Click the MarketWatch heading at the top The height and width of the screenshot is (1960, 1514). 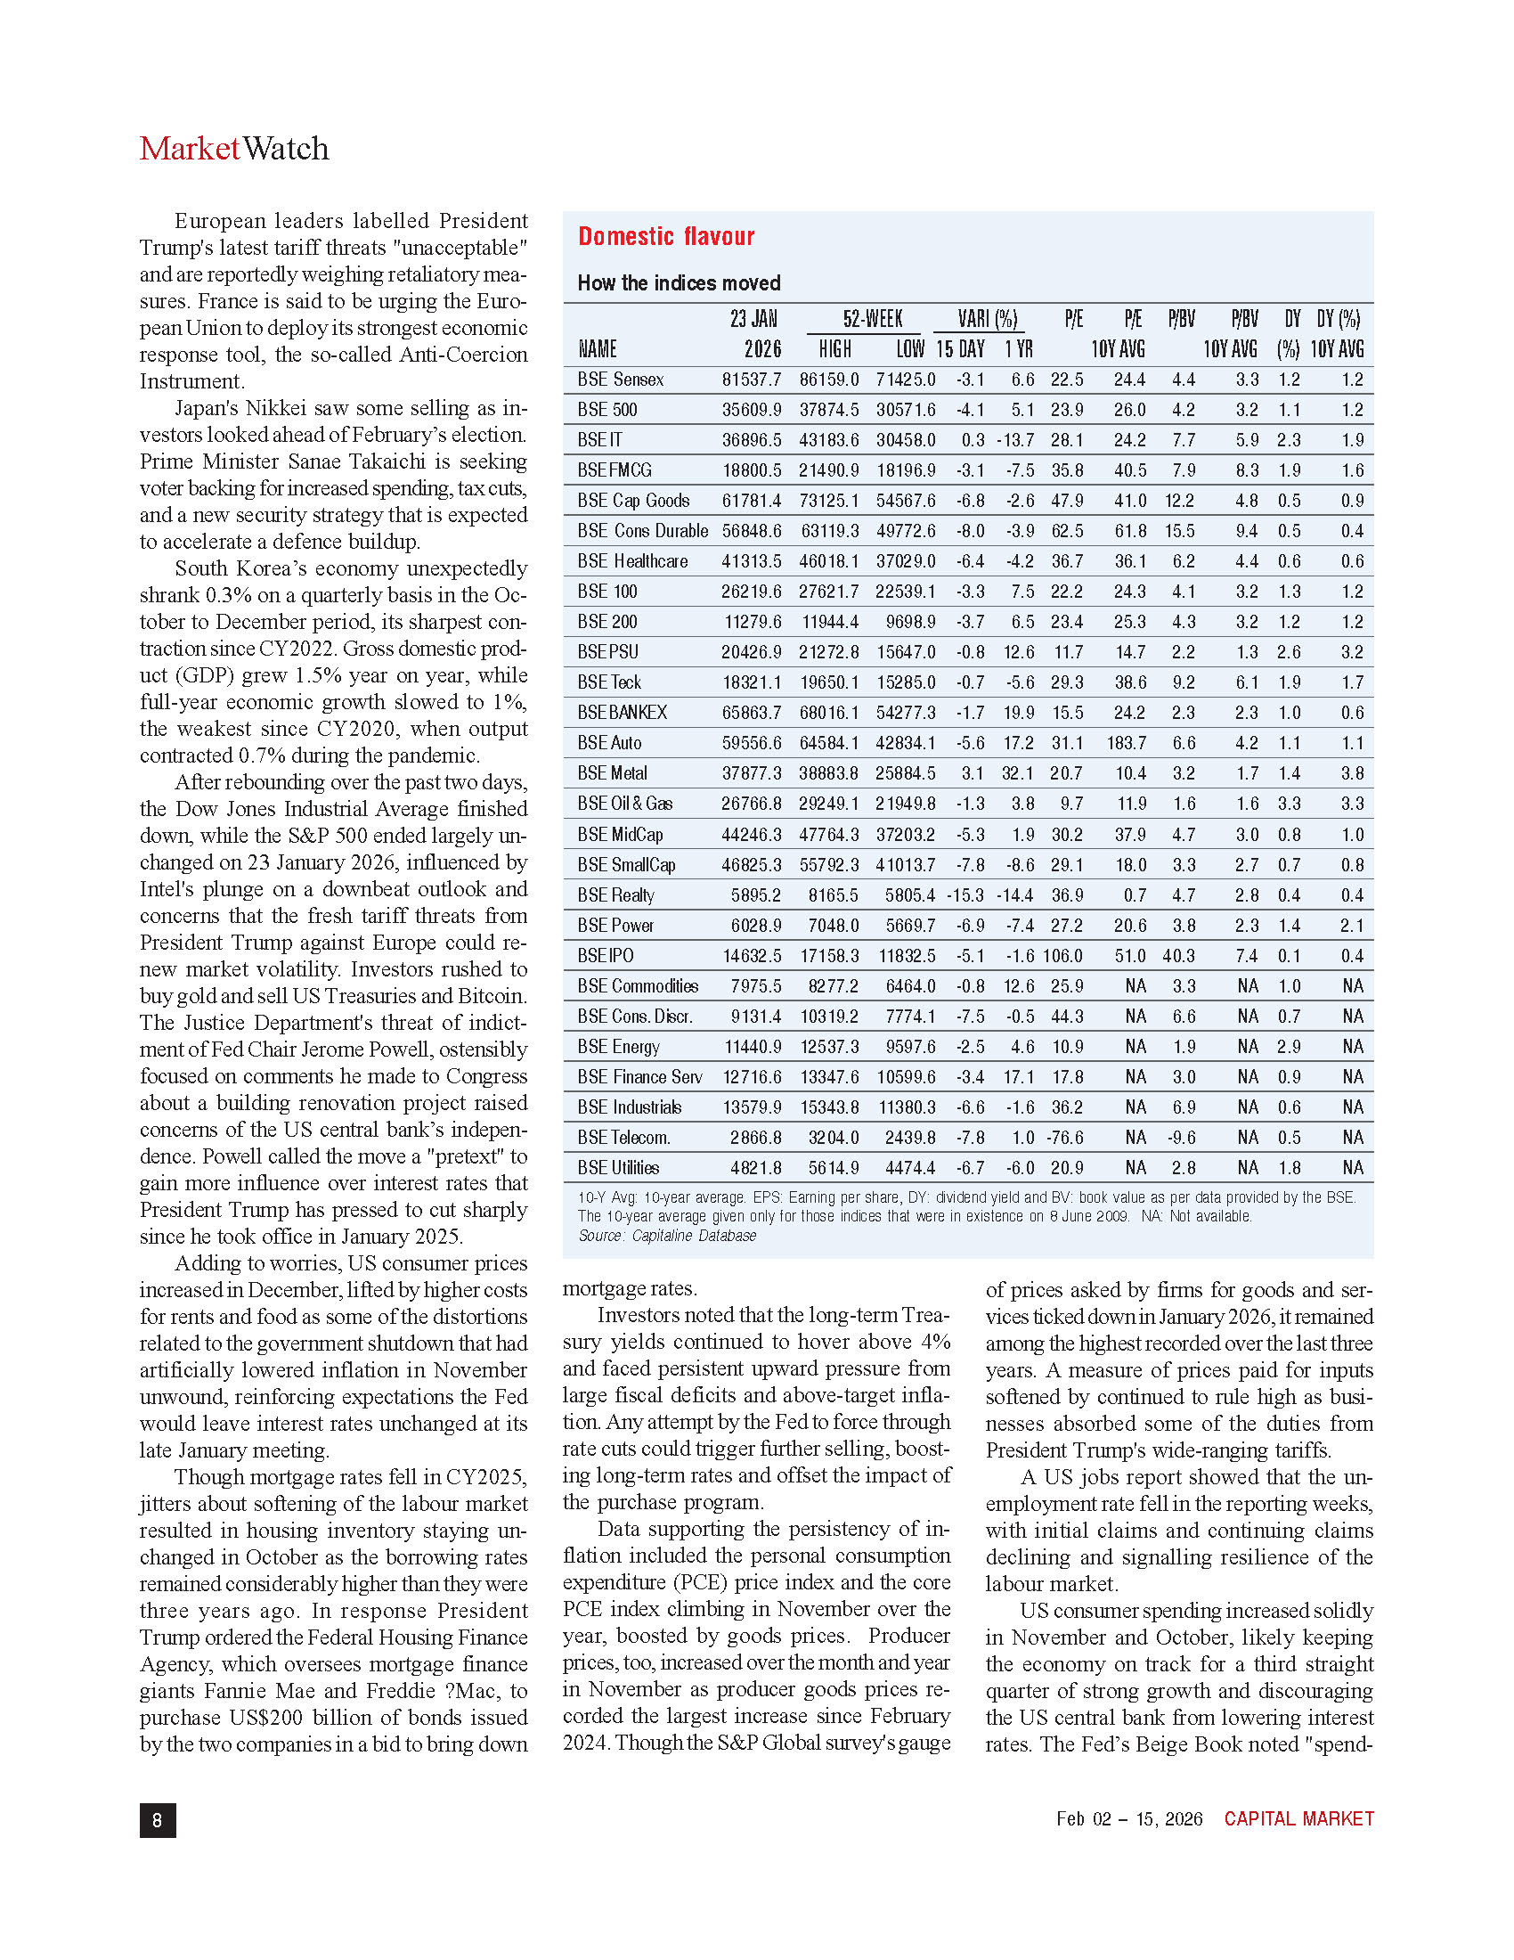tap(234, 149)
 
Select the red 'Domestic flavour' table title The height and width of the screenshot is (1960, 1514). tap(665, 237)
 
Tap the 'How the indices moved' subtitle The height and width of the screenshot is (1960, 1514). tap(678, 283)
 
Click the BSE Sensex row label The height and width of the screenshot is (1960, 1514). tap(620, 380)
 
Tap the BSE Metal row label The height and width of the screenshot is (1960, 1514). tap(612, 773)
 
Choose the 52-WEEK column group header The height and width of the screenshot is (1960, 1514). tap(872, 320)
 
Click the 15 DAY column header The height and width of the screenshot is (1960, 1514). tap(960, 349)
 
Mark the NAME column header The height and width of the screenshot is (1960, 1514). tap(597, 349)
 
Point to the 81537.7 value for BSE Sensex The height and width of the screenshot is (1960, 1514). tap(752, 380)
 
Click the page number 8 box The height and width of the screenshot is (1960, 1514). tap(158, 1820)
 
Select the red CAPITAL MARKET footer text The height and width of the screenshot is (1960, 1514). tap(1298, 1819)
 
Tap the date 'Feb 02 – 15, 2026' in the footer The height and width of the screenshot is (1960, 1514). tap(1129, 1819)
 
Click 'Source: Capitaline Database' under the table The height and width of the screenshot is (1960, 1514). tap(666, 1236)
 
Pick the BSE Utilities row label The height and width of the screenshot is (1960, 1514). tap(618, 1168)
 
